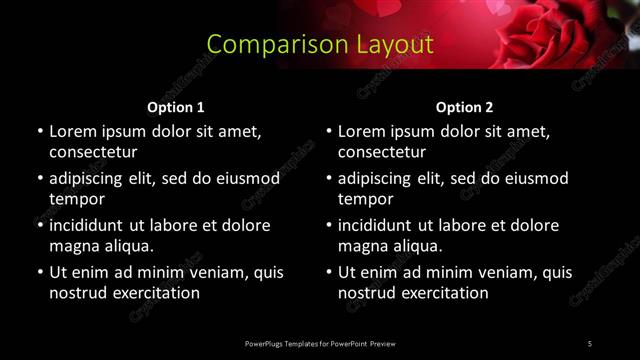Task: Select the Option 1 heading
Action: pos(176,107)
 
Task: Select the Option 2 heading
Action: pos(465,107)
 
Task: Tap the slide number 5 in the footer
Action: pos(590,343)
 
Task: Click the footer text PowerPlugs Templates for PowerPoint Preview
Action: pos(320,343)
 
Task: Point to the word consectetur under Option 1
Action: pos(93,152)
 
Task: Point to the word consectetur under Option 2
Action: pos(382,152)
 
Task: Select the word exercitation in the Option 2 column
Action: pos(444,293)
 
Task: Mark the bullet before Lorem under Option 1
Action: pos(39,131)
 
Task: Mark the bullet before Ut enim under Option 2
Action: pos(328,272)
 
